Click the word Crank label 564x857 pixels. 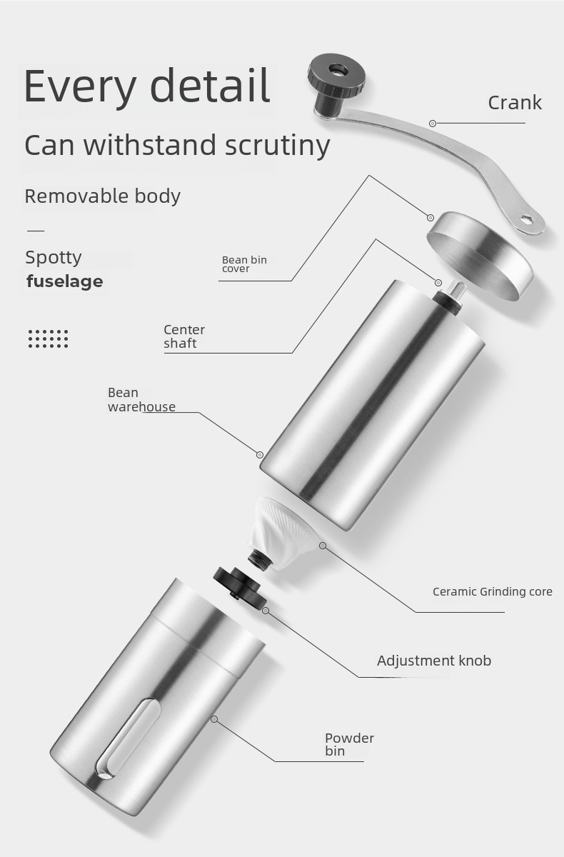[x=515, y=103]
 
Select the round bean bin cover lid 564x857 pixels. [x=480, y=254]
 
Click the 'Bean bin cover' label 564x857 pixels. [x=244, y=264]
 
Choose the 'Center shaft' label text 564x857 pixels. [x=184, y=336]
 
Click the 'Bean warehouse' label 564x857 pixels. [x=141, y=400]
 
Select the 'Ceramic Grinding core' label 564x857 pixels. [x=492, y=592]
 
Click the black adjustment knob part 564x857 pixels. [x=239, y=585]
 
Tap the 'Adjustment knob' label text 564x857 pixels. [x=434, y=661]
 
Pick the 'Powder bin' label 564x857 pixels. [x=349, y=744]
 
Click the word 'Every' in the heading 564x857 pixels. [x=79, y=86]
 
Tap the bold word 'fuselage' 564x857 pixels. [x=65, y=281]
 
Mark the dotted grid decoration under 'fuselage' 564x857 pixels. [x=49, y=339]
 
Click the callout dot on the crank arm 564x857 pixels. [x=433, y=124]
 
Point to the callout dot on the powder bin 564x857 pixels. [x=214, y=719]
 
